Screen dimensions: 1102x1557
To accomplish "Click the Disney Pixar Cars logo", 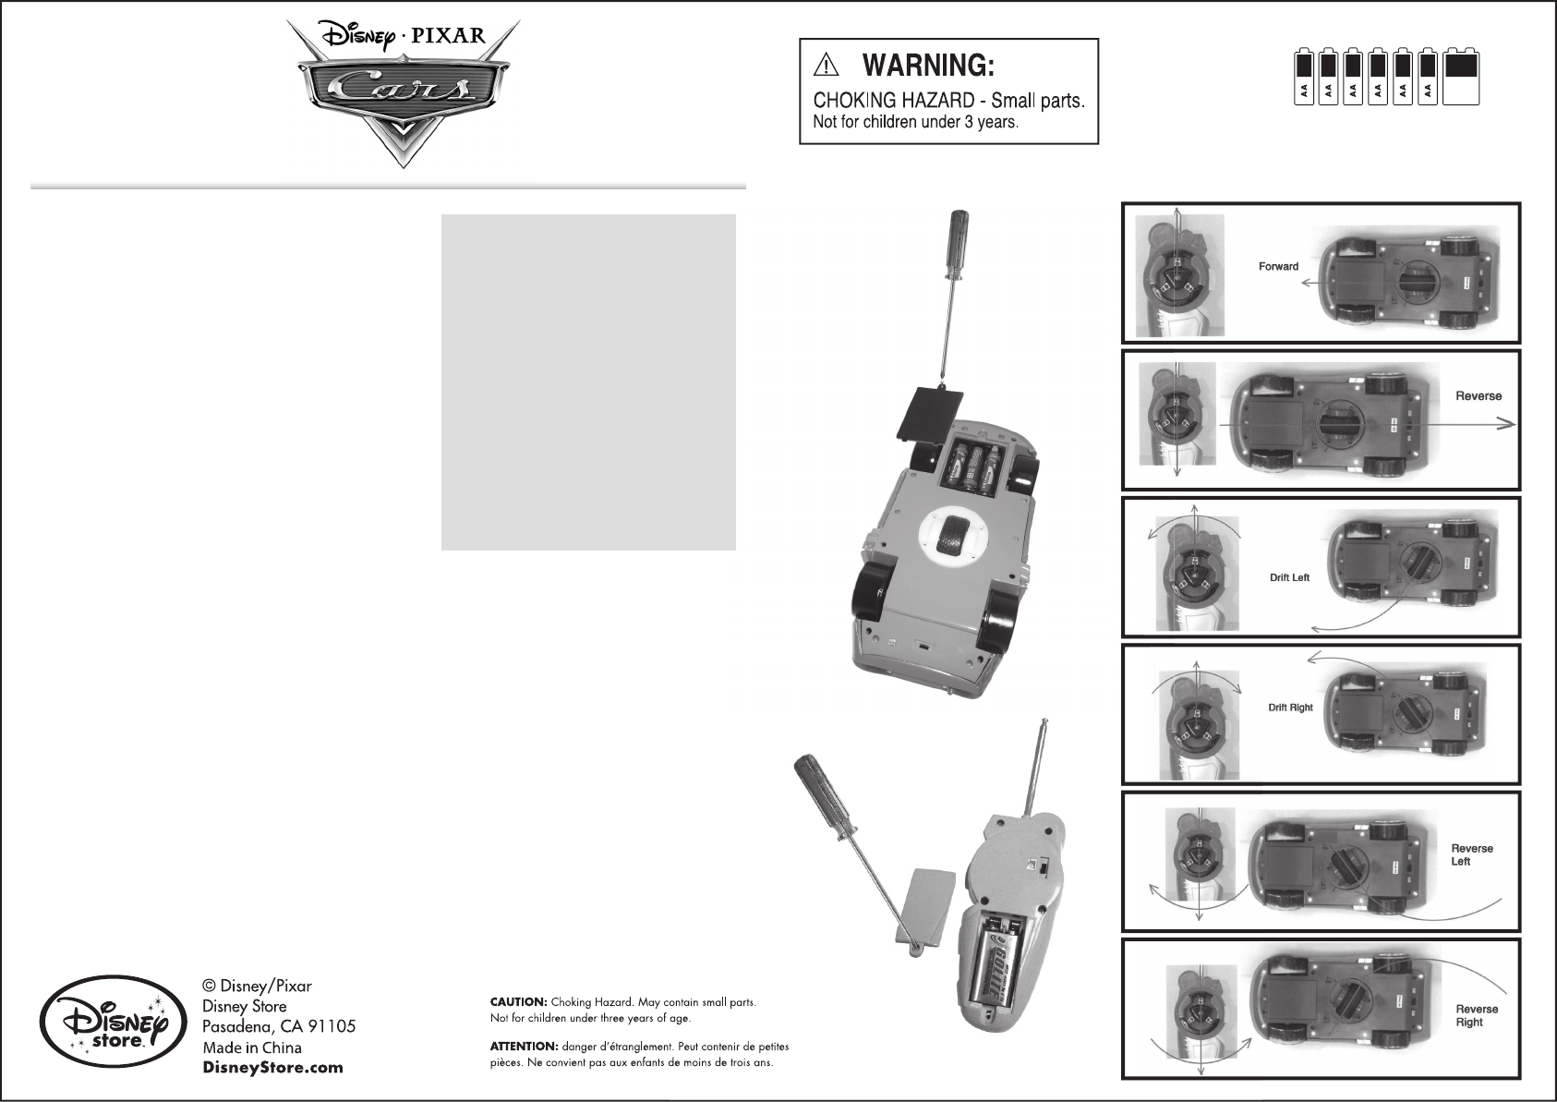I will tap(398, 89).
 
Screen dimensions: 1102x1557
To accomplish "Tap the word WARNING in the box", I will tap(927, 66).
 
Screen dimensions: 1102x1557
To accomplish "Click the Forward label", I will tap(1278, 267).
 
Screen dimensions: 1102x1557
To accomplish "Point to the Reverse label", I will tap(1479, 396).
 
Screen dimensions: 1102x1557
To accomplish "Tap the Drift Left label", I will tap(1289, 577).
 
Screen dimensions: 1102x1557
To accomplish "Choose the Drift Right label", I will tap(1290, 708).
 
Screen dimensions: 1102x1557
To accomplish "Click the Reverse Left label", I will tap(1471, 854).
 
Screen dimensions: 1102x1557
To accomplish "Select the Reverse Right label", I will tap(1476, 1015).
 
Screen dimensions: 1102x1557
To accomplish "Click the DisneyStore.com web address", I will tap(272, 1068).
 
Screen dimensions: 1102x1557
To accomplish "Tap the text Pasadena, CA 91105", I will tap(279, 1027).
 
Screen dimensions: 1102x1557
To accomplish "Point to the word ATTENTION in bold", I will tap(524, 1047).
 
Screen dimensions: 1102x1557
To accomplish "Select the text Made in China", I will tap(251, 1048).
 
